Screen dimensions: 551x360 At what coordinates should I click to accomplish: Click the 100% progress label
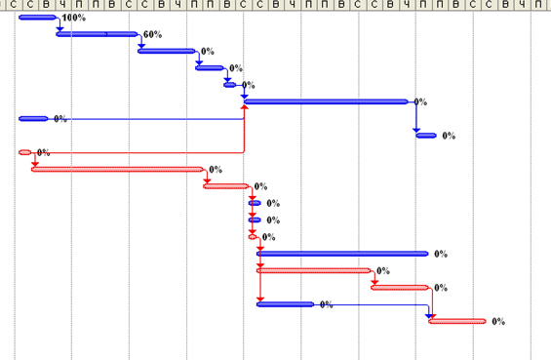point(73,18)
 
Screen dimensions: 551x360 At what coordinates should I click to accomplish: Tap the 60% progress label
point(152,34)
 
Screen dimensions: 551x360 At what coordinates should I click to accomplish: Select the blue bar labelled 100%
point(37,18)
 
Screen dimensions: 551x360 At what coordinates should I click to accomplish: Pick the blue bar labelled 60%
point(97,34)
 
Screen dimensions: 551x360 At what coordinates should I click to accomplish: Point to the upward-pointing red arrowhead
point(244,106)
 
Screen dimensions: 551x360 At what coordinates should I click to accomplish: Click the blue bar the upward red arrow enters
point(326,102)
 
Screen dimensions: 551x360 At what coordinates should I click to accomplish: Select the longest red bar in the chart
point(117,170)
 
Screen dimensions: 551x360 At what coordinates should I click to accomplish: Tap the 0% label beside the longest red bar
point(216,170)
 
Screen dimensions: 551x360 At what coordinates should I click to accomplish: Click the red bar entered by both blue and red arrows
point(457,321)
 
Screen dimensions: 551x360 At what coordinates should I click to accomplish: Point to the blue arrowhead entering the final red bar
point(428,316)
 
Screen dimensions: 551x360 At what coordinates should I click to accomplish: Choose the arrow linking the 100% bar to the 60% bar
point(59,23)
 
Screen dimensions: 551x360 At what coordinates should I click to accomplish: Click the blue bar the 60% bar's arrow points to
point(167,51)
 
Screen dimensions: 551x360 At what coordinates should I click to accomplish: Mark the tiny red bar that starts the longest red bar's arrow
point(24,152)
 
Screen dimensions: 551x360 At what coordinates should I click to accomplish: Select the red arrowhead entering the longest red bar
point(35,165)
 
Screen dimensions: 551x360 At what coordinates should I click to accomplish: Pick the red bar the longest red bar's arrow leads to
point(226,186)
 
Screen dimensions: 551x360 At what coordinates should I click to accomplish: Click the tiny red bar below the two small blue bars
point(253,237)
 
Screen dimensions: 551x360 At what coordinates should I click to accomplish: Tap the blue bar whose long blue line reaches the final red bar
point(286,304)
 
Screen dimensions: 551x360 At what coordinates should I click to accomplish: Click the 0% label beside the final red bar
point(498,321)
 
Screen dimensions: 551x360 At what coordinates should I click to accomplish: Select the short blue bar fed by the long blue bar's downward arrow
point(426,136)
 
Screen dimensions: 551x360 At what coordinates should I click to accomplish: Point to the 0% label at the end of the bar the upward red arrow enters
point(420,102)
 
